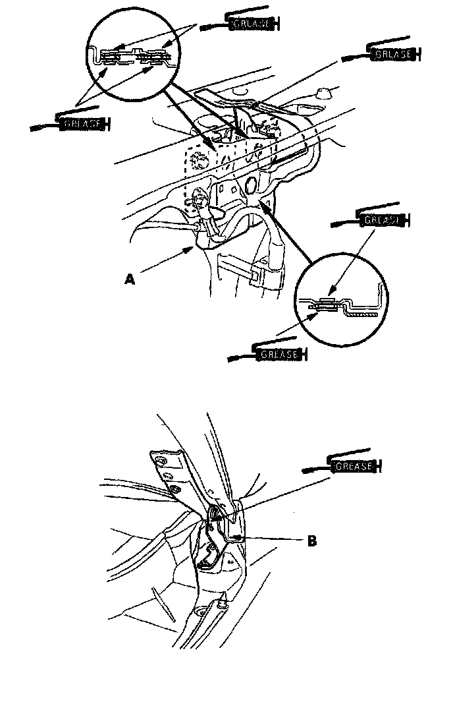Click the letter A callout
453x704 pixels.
[130, 279]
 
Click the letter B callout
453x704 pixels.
[311, 541]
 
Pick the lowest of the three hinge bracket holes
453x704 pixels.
[176, 490]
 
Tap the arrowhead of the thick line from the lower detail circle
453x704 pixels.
[262, 204]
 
